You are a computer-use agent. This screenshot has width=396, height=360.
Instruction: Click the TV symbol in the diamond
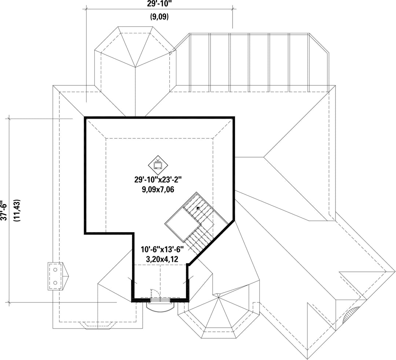[x=158, y=165]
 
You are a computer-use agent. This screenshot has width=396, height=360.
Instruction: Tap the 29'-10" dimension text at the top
[x=159, y=4]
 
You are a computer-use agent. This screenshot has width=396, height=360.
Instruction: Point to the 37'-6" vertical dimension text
[x=4, y=211]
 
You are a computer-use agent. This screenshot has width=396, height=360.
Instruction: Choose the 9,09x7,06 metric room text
[x=158, y=189]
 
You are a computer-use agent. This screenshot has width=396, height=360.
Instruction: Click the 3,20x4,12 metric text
[x=162, y=259]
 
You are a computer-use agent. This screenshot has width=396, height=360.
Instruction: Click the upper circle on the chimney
[x=56, y=270]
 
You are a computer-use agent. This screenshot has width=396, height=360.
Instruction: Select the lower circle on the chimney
[x=56, y=283]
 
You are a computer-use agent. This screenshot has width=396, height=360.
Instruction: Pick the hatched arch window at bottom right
[x=350, y=313]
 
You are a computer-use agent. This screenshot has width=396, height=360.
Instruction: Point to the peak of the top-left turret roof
[x=135, y=67]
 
